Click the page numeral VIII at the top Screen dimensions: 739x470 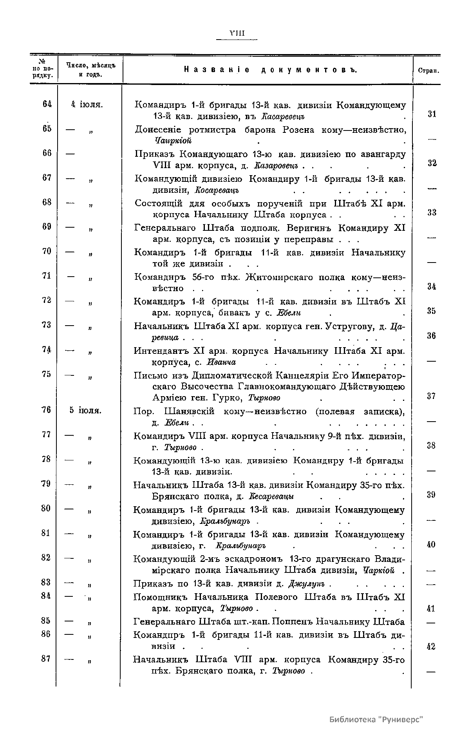point(237,33)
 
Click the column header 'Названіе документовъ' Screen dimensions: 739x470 point(270,70)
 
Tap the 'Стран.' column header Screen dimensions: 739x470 point(428,71)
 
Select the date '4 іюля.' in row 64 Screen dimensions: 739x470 point(87,105)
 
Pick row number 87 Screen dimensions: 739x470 point(46,659)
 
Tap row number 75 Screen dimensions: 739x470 point(46,374)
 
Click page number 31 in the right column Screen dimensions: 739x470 point(432,114)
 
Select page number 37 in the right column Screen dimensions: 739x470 point(431,396)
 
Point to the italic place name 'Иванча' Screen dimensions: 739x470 point(222,362)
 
